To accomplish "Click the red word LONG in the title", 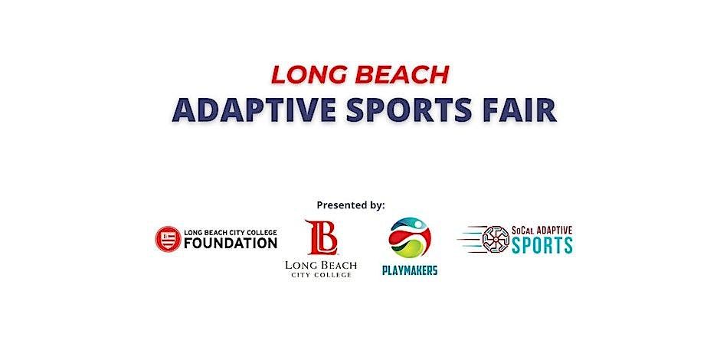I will [x=304, y=74].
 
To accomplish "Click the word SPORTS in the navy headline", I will [x=414, y=110].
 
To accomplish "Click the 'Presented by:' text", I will [x=351, y=205].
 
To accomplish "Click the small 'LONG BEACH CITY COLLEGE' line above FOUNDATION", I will [x=229, y=231].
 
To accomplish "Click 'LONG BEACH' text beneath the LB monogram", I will [x=319, y=265].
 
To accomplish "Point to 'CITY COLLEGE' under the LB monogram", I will [x=319, y=275].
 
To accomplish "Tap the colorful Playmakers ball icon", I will [x=410, y=237].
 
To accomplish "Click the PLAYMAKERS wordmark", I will [x=410, y=270].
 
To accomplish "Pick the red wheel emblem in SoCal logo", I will [x=496, y=239].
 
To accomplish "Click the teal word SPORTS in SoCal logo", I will [x=542, y=246].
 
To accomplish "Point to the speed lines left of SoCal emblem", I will [x=469, y=239].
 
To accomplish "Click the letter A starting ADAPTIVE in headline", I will [x=184, y=110].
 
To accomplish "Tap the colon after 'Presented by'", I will [x=384, y=205].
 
